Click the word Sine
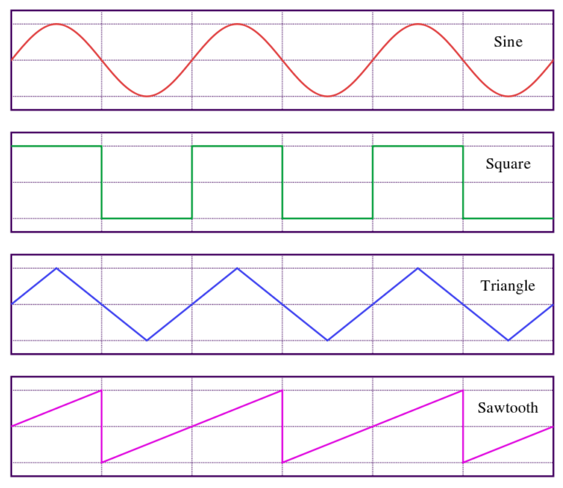click(508, 42)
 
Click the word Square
click(508, 164)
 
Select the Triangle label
click(508, 286)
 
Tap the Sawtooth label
click(508, 408)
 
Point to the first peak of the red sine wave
click(57, 24)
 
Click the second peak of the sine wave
click(237, 24)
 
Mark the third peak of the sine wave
click(418, 24)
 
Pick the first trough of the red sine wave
click(147, 96)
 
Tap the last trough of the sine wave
click(508, 96)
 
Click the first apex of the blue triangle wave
click(57, 268)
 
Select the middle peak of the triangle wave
click(237, 268)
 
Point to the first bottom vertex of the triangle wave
click(147, 340)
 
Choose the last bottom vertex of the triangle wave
click(508, 340)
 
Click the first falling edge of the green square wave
click(102, 182)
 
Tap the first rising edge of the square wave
click(192, 182)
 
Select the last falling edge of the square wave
click(463, 182)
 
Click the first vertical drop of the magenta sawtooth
click(102, 426)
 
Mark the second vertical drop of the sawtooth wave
click(282, 426)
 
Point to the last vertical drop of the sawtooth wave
click(463, 426)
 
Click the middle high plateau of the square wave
click(237, 146)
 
